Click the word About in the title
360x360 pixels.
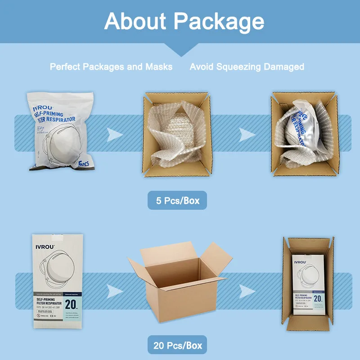coord(135,21)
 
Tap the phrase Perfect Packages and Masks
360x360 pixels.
coord(111,67)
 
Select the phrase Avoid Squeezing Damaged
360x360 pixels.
coord(247,67)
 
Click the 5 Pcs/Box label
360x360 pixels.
coord(177,200)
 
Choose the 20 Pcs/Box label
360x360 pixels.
coord(177,346)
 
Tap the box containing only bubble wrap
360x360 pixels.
coord(177,134)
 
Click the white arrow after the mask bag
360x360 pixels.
coord(115,133)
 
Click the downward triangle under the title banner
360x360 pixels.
coord(180,50)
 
